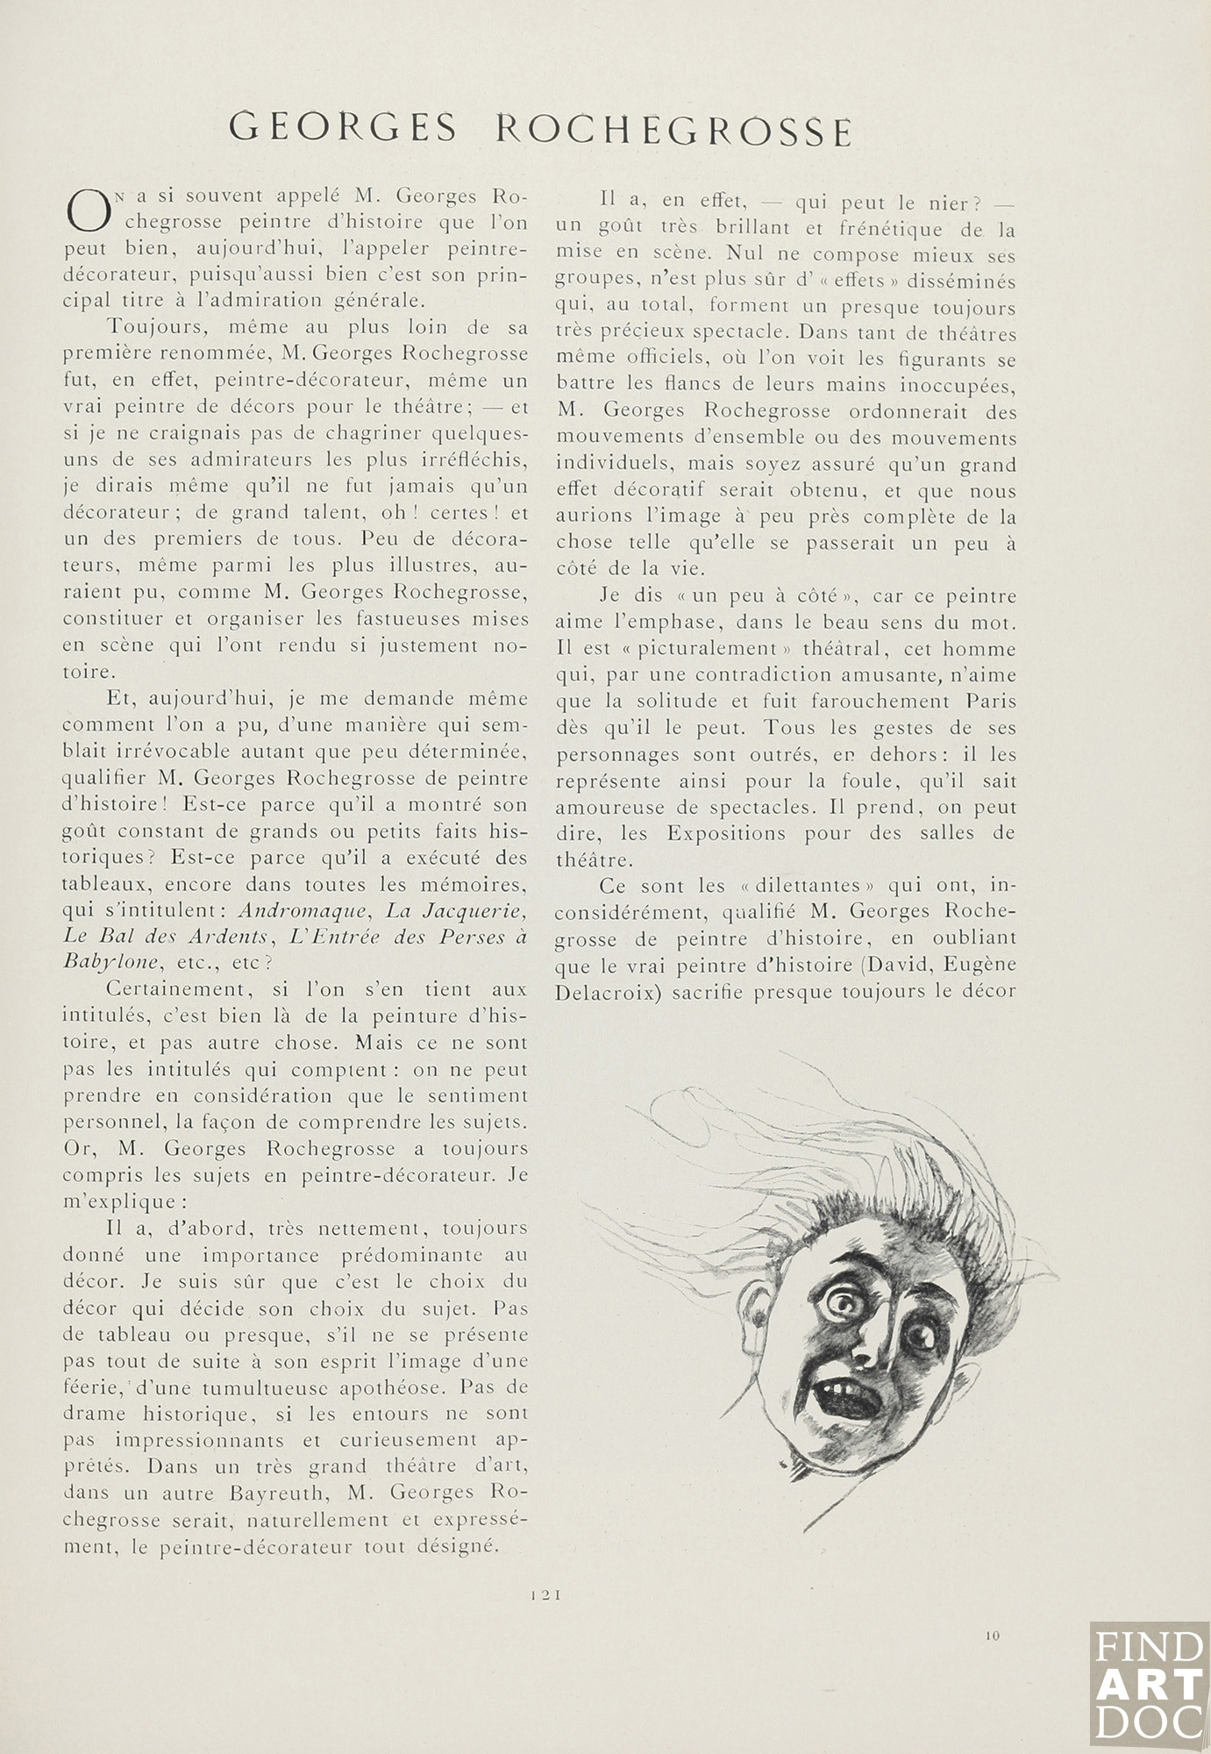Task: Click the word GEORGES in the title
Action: click(342, 129)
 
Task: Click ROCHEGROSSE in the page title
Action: click(674, 130)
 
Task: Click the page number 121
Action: click(545, 1596)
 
